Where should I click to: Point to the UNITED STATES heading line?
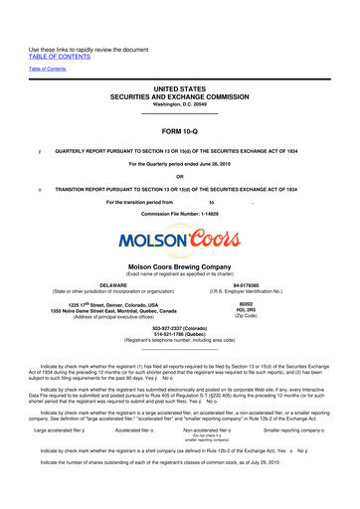[x=179, y=88]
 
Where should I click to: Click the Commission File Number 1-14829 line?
[x=179, y=215]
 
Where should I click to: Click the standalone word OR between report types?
[x=179, y=179]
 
